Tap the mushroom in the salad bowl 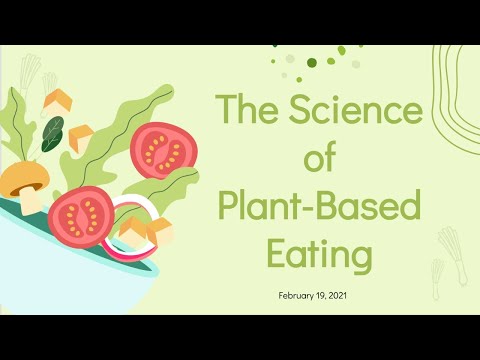pyautogui.click(x=24, y=184)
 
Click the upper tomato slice pyautogui.click(x=163, y=148)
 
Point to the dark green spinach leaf pyautogui.click(x=52, y=132)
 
